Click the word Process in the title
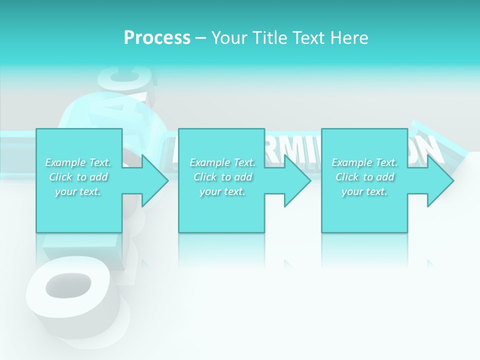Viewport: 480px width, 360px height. tap(157, 38)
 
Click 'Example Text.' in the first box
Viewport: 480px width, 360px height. tap(78, 162)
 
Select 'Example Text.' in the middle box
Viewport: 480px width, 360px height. tap(222, 162)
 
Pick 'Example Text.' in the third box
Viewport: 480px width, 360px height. tap(364, 162)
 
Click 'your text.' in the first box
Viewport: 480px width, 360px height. tap(78, 191)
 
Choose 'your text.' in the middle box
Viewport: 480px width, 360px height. tap(222, 191)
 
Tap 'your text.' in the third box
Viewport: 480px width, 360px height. tap(364, 191)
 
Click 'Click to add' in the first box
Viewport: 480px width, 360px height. tap(78, 177)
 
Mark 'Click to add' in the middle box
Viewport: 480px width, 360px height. tap(222, 177)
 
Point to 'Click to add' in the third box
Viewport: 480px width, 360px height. tap(364, 177)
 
